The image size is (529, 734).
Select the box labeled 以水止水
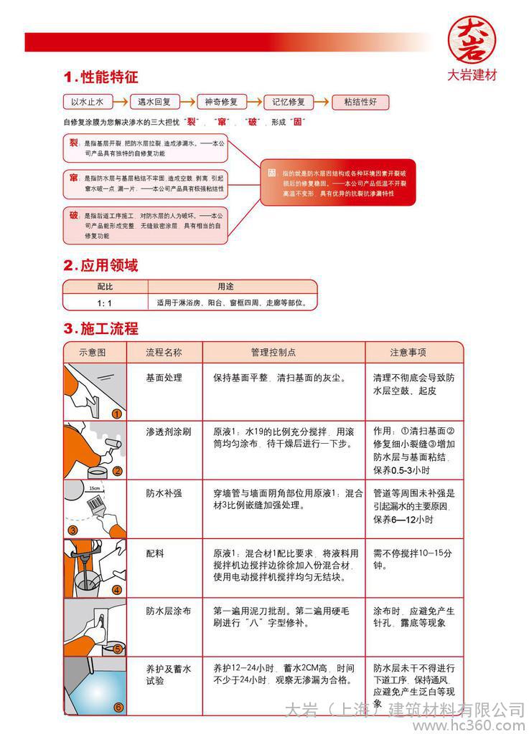pos(88,102)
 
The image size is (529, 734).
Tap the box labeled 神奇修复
pos(221,102)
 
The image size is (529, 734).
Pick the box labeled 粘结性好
pos(360,102)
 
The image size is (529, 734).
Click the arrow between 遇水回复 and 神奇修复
pos(186,102)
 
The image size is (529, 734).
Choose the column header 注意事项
pos(408,352)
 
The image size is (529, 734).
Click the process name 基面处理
pos(164,378)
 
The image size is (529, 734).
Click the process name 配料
pos(155,554)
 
